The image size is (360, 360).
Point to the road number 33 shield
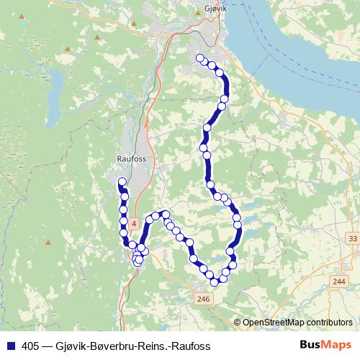[352, 238]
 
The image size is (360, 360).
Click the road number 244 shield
[339, 282]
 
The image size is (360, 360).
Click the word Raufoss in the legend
[190, 346]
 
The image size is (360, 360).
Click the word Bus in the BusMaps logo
[311, 346]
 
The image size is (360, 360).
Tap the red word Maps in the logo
[337, 346]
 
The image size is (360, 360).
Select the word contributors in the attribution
[331, 323]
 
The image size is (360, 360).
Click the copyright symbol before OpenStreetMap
[237, 323]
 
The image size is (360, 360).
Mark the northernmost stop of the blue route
[199, 58]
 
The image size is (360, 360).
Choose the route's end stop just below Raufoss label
[122, 181]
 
